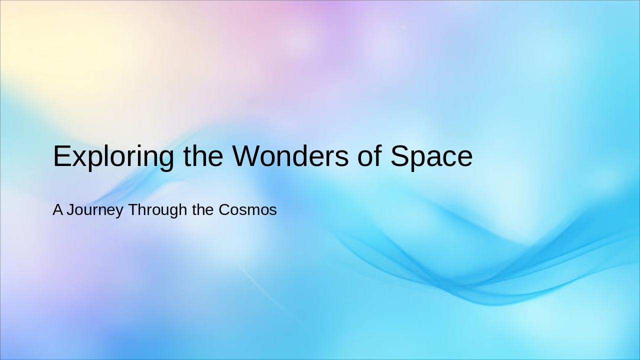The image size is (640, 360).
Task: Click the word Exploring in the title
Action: [x=113, y=156]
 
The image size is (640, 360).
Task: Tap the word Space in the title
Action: [x=431, y=156]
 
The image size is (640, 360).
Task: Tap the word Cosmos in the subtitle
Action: [x=247, y=209]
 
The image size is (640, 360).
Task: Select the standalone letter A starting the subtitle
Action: [x=58, y=209]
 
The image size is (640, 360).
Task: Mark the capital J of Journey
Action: [x=70, y=209]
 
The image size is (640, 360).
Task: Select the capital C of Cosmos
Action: [x=224, y=209]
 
